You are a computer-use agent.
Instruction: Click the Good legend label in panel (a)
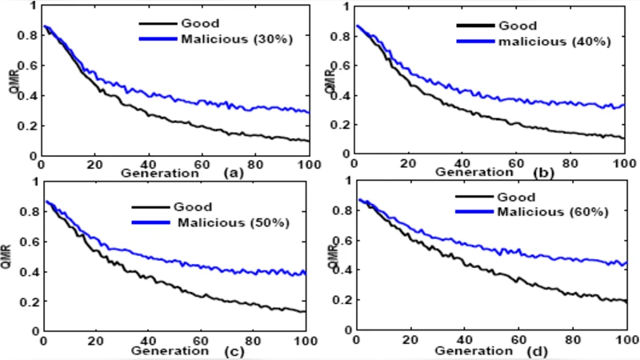201,23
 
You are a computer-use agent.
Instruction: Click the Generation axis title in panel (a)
159,172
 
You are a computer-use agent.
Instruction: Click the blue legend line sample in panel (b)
471,41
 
